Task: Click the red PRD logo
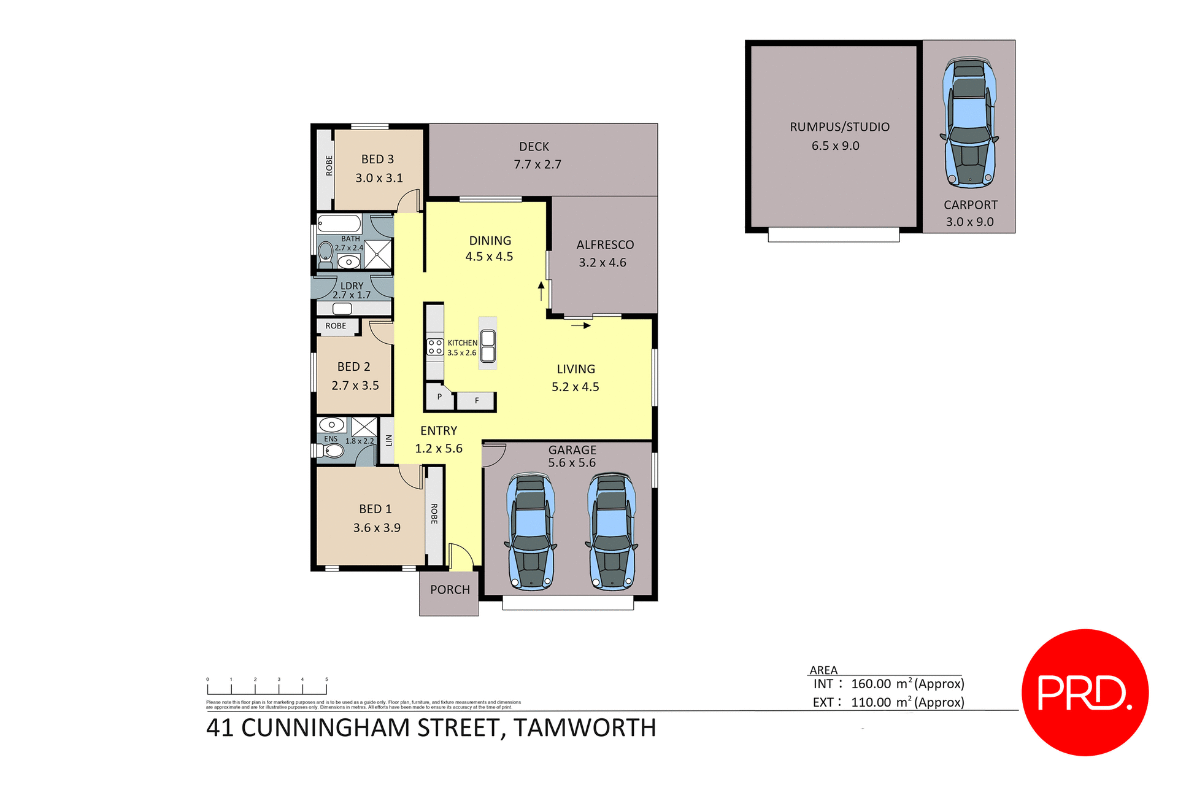pos(1084,692)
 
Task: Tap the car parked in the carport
pos(969,123)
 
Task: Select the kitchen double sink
pos(488,346)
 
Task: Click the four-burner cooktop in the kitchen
pos(435,347)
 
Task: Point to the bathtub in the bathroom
pos(339,223)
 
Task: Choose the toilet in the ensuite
pos(333,452)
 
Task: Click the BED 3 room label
pos(377,159)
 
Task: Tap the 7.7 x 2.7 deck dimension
pos(537,165)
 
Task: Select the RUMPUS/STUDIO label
pos(839,127)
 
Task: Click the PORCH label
pos(450,590)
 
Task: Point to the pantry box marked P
pos(439,397)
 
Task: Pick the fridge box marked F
pos(477,401)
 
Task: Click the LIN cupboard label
pos(388,440)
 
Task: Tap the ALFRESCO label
pos(605,245)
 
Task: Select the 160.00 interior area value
pos(871,684)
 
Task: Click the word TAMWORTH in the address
pos(585,728)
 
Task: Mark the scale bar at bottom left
pos(267,688)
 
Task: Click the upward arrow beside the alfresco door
pos(541,291)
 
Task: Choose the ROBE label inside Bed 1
pos(434,514)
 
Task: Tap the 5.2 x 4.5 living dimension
pos(575,387)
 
